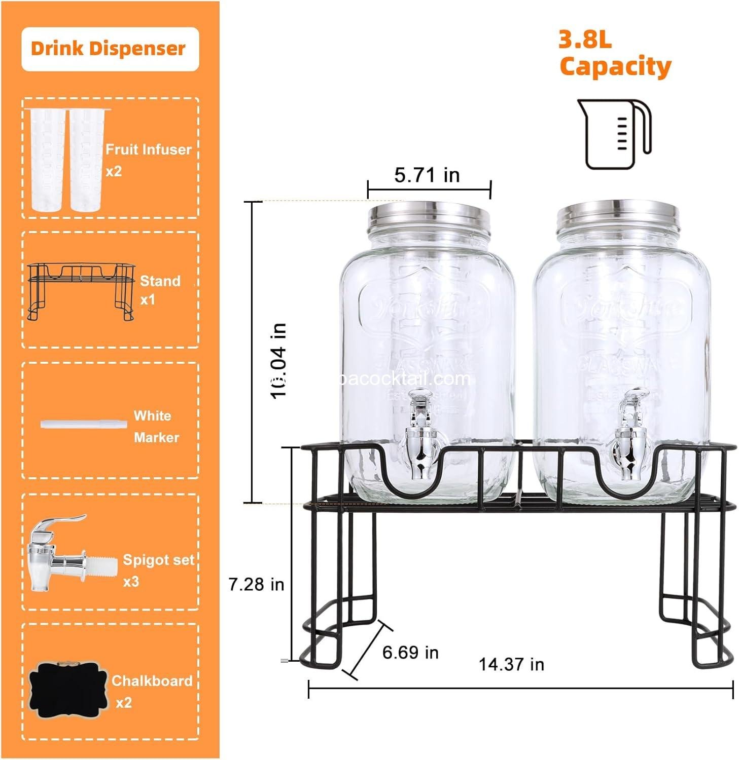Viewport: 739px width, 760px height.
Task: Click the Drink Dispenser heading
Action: click(x=109, y=49)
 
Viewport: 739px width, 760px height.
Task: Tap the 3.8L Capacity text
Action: click(x=615, y=54)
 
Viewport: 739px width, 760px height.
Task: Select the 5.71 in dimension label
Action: click(x=427, y=175)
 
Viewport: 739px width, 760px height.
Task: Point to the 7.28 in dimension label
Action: click(x=256, y=584)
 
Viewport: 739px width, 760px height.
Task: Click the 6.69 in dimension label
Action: click(x=410, y=652)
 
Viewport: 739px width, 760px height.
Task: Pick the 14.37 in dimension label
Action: click(x=511, y=664)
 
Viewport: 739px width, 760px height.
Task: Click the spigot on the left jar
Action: click(x=420, y=436)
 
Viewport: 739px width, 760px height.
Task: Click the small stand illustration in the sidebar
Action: click(x=82, y=291)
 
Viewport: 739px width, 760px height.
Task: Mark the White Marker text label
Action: click(x=156, y=426)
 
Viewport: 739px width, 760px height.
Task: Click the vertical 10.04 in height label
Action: click(x=279, y=361)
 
